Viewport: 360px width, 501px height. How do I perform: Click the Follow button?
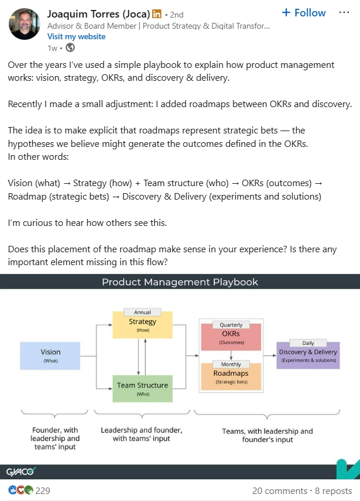tap(303, 13)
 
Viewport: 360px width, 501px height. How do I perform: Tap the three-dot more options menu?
tap(344, 13)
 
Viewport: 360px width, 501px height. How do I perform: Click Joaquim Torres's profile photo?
tap(25, 25)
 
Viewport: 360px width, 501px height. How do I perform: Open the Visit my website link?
tap(76, 36)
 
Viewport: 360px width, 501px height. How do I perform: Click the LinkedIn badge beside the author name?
tap(157, 13)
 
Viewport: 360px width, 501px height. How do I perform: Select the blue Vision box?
tap(50, 356)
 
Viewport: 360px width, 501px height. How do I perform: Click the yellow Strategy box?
tap(143, 325)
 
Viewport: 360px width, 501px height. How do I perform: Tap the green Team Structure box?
tap(143, 389)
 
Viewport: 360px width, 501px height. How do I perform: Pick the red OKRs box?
tap(231, 337)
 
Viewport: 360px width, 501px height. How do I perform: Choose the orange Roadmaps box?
tap(231, 377)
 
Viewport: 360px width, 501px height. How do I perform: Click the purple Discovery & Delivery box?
tap(308, 355)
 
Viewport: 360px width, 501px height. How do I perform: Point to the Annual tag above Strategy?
tap(143, 313)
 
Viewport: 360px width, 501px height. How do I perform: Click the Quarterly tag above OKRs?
tap(231, 325)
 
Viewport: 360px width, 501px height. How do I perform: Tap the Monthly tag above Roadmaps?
tap(231, 364)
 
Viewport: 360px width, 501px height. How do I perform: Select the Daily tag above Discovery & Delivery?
tap(308, 343)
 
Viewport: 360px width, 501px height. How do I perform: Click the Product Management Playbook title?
tap(180, 282)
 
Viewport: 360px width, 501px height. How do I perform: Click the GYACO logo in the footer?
tap(21, 471)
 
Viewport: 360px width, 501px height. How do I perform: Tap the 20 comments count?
tap(279, 491)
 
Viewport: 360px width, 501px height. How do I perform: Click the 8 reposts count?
tap(333, 491)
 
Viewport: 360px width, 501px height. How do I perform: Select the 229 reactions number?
tap(43, 491)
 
